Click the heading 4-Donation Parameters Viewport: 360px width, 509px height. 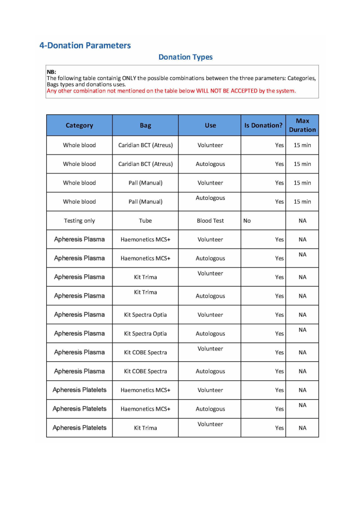85,46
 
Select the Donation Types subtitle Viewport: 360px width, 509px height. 185,57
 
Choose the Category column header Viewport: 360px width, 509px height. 80,126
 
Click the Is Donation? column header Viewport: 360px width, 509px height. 263,126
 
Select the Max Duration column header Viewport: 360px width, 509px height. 302,125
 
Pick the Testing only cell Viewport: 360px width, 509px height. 80,221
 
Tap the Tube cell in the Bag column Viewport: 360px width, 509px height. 146,221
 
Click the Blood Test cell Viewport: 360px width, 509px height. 210,221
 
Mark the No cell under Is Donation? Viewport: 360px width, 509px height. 247,221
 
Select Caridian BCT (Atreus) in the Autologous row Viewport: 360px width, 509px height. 146,164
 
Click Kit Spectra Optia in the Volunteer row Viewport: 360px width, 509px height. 146,315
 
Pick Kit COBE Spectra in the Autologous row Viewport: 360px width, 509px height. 146,371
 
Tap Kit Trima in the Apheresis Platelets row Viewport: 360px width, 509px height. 146,428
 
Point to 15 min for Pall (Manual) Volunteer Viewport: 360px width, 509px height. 302,183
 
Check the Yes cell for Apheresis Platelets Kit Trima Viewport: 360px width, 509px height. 279,428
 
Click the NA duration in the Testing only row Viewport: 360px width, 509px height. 302,221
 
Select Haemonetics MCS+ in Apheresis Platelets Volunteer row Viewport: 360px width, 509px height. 146,390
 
